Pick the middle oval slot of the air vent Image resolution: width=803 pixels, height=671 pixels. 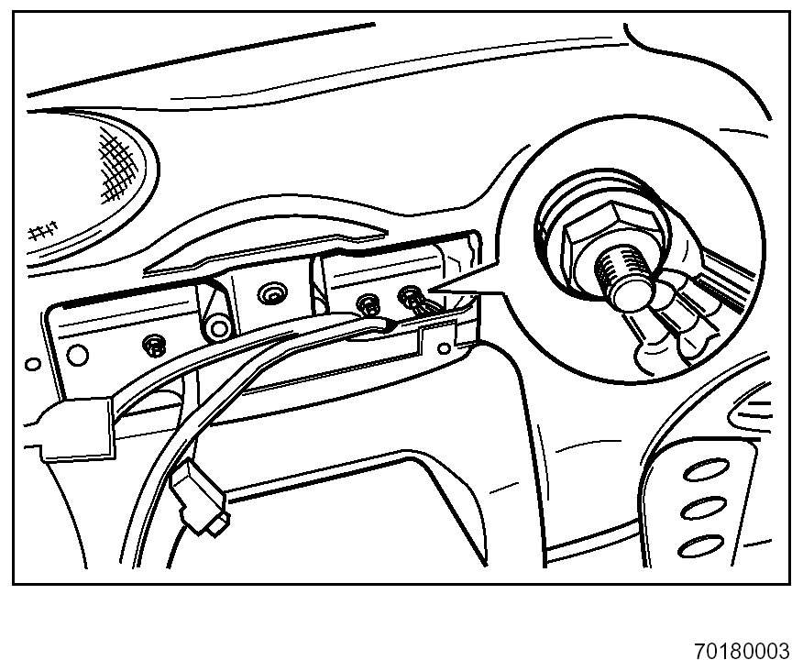pyautogui.click(x=700, y=510)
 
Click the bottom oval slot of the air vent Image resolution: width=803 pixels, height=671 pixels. pyautogui.click(x=698, y=548)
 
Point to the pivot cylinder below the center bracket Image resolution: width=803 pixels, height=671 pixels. pyautogui.click(x=218, y=328)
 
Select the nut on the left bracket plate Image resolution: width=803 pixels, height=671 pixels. pyautogui.click(x=154, y=345)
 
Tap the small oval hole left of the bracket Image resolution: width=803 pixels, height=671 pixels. pyautogui.click(x=33, y=364)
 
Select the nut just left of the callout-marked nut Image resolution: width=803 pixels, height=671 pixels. pyautogui.click(x=370, y=302)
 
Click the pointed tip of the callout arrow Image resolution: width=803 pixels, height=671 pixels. pyautogui.click(x=431, y=291)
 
